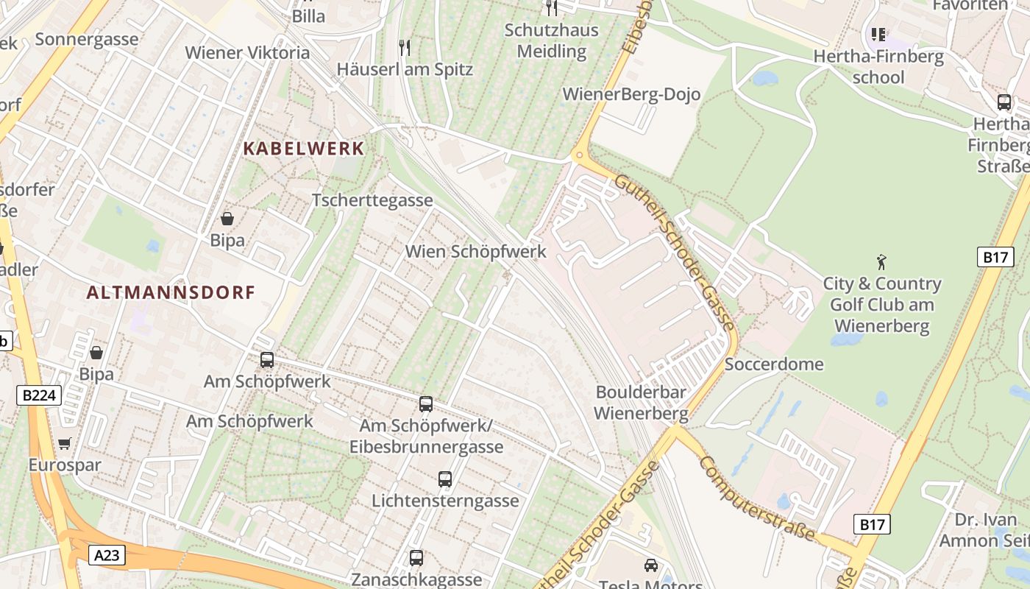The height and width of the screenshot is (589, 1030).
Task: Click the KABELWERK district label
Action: pos(304,149)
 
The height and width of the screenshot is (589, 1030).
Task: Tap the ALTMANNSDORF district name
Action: pos(171,292)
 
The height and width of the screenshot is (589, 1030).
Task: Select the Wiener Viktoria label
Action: pos(247,53)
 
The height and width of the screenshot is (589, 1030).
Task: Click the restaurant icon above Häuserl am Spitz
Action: pos(404,48)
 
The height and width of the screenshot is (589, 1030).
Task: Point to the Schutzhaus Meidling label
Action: pos(552,40)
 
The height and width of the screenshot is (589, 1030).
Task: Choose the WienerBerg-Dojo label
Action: pos(631,94)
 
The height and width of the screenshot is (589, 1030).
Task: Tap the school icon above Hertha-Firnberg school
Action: pos(878,35)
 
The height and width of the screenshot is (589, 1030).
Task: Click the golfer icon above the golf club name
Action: pos(881,261)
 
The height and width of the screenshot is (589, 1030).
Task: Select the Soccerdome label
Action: pos(774,364)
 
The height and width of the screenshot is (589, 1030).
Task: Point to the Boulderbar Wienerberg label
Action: pos(641,402)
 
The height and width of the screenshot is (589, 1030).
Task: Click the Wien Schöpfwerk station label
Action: pos(476,252)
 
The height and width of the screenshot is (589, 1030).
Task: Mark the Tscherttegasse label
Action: pos(372,200)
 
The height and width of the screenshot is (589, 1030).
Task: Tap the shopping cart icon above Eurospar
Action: pos(65,443)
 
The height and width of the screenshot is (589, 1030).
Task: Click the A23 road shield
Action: pos(107,554)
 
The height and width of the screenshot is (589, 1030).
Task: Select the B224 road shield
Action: pos(38,395)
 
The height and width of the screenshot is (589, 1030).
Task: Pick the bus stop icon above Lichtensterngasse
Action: pos(445,479)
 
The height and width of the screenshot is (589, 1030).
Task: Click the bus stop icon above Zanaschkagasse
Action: pos(416,558)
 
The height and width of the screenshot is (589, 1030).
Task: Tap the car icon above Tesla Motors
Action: pos(651,565)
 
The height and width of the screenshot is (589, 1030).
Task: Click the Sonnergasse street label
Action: pos(87,39)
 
